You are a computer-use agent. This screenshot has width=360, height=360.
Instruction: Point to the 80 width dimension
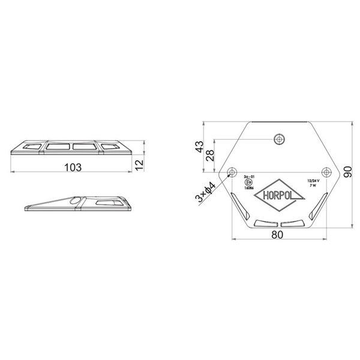click(x=277, y=235)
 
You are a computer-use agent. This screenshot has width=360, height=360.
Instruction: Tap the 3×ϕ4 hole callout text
click(x=206, y=193)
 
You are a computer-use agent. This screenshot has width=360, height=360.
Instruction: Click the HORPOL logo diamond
click(x=277, y=196)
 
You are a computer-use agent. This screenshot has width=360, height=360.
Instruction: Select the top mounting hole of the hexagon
click(x=277, y=139)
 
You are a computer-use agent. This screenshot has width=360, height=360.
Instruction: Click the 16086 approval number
click(x=248, y=189)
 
